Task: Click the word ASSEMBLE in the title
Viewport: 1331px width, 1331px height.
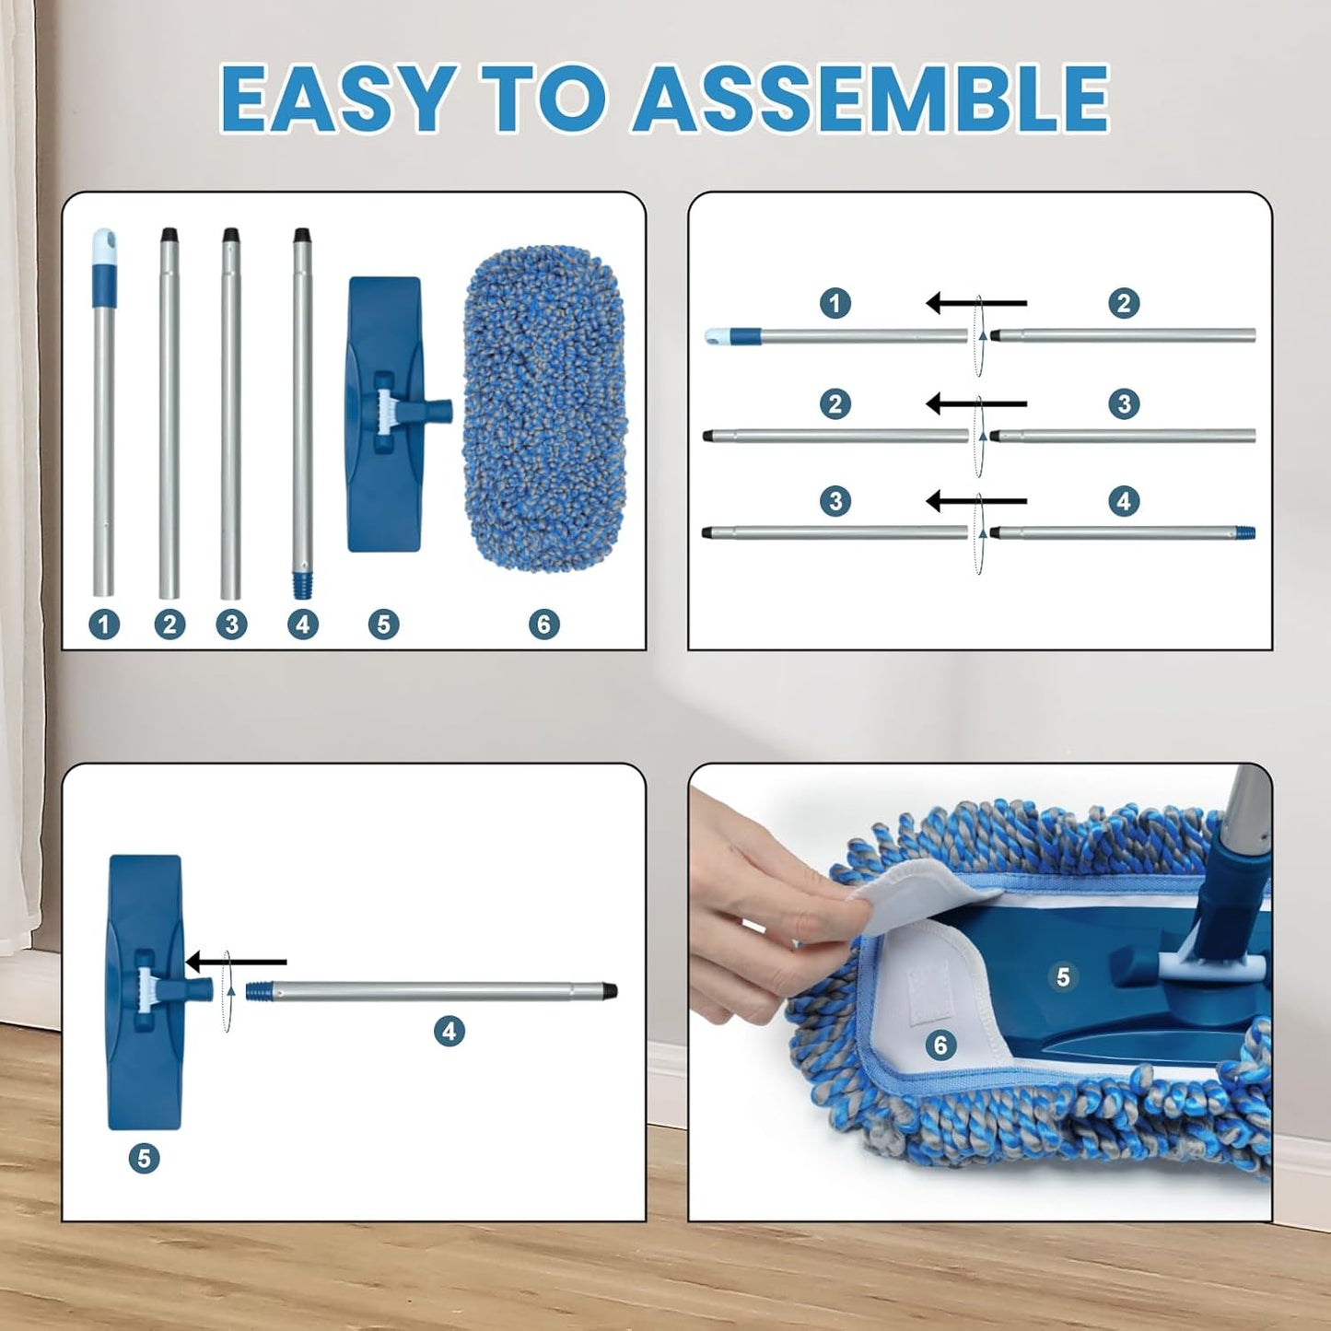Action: coord(870,99)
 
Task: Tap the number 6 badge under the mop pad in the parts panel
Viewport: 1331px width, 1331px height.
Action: coord(544,625)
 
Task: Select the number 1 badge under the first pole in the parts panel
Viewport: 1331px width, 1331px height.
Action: coord(104,625)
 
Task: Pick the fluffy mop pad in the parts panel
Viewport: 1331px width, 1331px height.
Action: coord(545,405)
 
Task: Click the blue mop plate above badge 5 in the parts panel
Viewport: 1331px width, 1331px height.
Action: coord(385,414)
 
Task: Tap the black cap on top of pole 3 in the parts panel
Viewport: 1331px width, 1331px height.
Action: coord(231,236)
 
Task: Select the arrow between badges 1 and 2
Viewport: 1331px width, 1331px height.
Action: coord(975,303)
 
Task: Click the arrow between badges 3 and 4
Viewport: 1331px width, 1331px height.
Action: coord(975,501)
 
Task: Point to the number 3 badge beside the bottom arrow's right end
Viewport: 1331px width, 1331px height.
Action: coord(835,501)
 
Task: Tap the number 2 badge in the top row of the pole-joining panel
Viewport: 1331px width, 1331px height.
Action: coord(1124,303)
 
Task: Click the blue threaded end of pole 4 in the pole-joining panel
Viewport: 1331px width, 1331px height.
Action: coord(1245,532)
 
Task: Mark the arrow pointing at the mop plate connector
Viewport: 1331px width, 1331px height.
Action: coord(236,962)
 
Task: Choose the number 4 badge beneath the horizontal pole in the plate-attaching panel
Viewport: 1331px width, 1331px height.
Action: coord(450,1031)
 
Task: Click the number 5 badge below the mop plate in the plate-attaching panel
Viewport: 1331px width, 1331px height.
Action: coord(144,1158)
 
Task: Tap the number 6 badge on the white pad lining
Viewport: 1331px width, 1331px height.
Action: coord(940,1045)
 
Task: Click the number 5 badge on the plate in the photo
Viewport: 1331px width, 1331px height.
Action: coord(1063,976)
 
